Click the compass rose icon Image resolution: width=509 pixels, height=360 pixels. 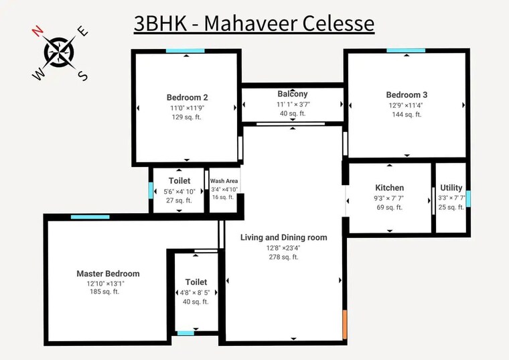tap(60, 52)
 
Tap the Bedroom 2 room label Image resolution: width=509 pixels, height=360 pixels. tap(187, 97)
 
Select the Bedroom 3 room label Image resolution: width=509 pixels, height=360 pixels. tap(407, 95)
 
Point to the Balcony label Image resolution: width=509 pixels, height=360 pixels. tap(293, 94)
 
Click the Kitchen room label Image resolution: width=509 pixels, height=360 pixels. tap(389, 188)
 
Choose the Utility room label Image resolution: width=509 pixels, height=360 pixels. tap(451, 188)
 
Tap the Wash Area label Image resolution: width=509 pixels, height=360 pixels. tap(224, 181)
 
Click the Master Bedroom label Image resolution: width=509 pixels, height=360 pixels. tap(108, 274)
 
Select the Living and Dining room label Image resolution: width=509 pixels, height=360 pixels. tap(284, 237)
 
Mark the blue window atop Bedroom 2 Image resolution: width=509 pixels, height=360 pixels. tap(186, 51)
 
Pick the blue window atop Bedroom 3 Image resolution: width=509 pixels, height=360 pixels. tap(406, 50)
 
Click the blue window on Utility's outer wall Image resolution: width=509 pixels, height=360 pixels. tap(468, 198)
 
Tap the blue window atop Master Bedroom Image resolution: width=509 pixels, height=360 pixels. tap(90, 217)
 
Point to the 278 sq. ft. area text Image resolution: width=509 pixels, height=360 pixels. tap(284, 257)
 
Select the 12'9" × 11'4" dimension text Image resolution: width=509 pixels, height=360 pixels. tap(407, 105)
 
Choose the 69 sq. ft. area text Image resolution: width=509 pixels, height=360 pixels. tap(389, 208)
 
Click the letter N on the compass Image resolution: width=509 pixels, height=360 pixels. tap(38, 31)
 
